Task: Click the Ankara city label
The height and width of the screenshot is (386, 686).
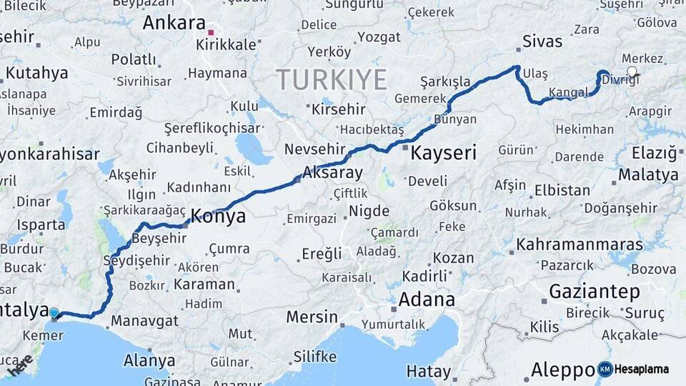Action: [x=174, y=23]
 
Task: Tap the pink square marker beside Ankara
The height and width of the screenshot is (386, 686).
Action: [x=211, y=32]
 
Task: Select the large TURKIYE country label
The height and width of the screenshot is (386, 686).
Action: [x=332, y=79]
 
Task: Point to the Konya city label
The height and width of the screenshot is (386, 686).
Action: [x=219, y=216]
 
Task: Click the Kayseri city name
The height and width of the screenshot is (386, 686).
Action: [x=443, y=152]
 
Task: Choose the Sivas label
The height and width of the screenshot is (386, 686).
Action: [x=542, y=41]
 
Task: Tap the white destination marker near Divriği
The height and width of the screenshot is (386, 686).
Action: [x=631, y=71]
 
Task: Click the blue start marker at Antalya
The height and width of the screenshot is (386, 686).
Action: [x=54, y=312]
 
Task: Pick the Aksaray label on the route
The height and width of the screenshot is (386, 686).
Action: [x=332, y=172]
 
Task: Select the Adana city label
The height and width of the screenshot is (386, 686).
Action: [x=427, y=299]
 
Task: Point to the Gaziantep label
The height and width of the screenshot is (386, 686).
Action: [x=594, y=291]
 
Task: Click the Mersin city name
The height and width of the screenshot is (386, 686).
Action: [x=312, y=316]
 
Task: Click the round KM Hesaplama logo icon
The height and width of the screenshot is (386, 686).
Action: [x=605, y=369]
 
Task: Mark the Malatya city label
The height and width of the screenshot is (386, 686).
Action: [x=648, y=174]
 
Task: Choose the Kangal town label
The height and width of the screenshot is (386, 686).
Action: [x=568, y=93]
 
